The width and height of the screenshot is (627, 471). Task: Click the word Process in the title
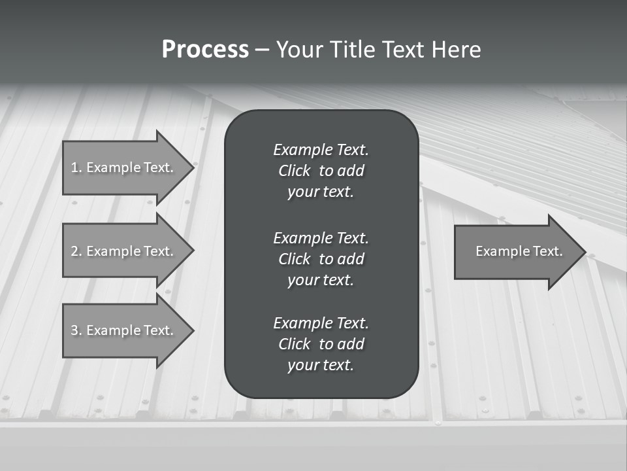(x=205, y=50)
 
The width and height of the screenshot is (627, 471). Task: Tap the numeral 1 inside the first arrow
(x=74, y=167)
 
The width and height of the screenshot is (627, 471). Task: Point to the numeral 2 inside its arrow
(x=74, y=251)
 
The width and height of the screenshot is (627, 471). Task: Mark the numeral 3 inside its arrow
(x=74, y=330)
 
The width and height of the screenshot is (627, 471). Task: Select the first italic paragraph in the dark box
(x=321, y=171)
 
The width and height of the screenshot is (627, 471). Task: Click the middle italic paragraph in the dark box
(x=321, y=258)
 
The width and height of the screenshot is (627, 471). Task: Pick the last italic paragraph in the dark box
(x=321, y=344)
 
